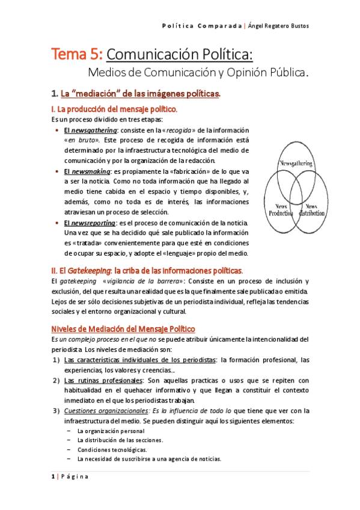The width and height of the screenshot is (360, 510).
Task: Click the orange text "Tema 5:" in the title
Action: [78, 55]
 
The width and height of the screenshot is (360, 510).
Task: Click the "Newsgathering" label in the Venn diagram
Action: [295, 164]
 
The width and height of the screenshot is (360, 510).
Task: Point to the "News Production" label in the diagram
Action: [280, 209]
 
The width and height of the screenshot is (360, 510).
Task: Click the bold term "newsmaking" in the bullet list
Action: [91, 171]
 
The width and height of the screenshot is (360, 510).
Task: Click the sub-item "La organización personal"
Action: [111, 431]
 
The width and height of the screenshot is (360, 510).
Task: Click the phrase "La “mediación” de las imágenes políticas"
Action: [140, 93]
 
